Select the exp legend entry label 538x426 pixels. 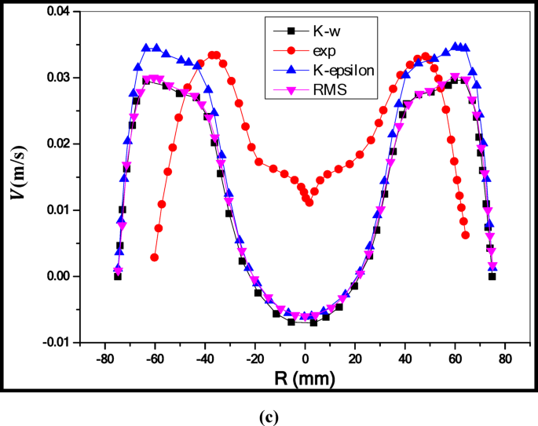tap(321, 51)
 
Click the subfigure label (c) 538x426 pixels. tap(268, 417)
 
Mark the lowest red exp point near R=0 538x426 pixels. tap(309, 202)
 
